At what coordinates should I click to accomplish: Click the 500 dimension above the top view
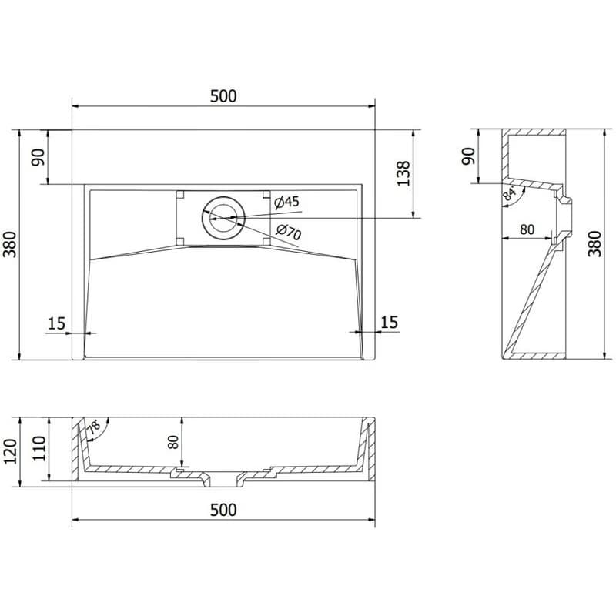pyautogui.click(x=223, y=96)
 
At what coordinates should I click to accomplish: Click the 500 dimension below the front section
pyautogui.click(x=223, y=510)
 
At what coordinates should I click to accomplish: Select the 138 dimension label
pyautogui.click(x=403, y=174)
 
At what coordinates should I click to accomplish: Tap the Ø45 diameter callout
pyautogui.click(x=286, y=202)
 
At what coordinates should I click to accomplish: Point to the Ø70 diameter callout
pyautogui.click(x=288, y=232)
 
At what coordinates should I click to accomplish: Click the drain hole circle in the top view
pyautogui.click(x=223, y=218)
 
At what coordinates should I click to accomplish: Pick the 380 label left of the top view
pyautogui.click(x=10, y=244)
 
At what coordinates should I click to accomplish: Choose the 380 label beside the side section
pyautogui.click(x=594, y=244)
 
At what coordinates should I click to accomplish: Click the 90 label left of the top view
pyautogui.click(x=38, y=157)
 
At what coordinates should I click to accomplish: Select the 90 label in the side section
pyautogui.click(x=468, y=156)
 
